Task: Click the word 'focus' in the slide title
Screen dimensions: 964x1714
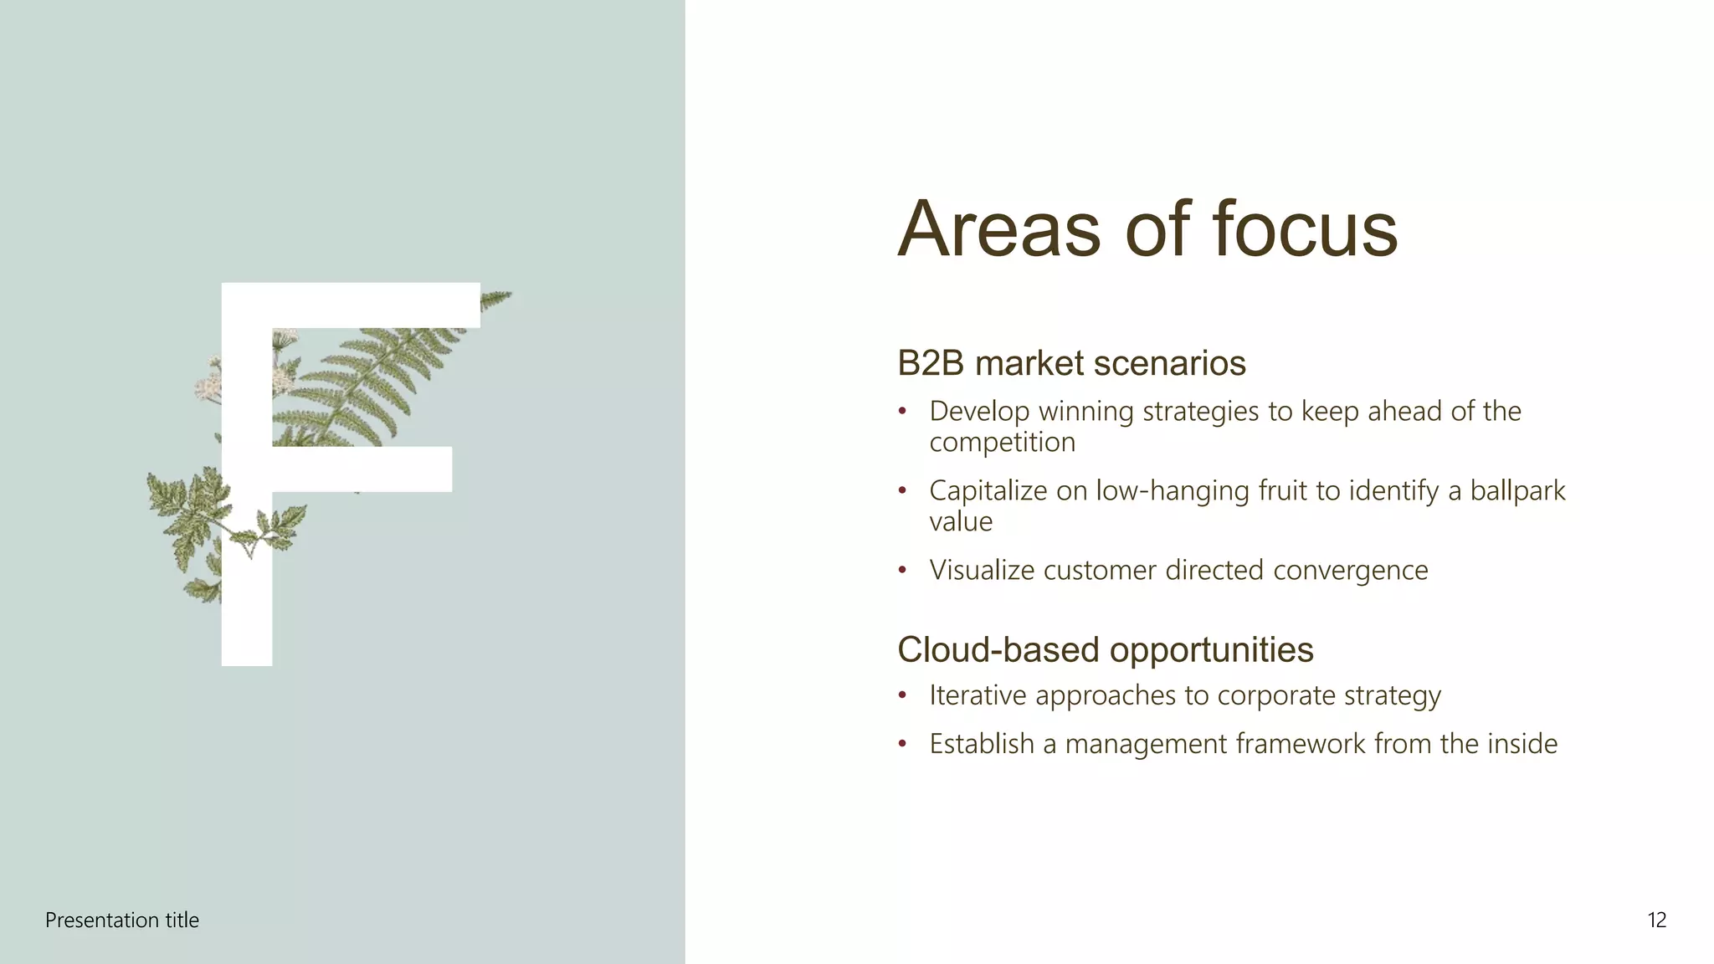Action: [x=1305, y=229]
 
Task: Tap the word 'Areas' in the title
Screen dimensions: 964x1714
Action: [x=998, y=229]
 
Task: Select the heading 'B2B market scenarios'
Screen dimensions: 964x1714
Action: [x=1071, y=364]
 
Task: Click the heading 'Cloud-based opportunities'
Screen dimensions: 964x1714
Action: [x=1105, y=650]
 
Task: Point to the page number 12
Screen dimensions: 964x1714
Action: [x=1656, y=920]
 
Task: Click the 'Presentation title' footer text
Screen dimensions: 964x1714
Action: [x=122, y=920]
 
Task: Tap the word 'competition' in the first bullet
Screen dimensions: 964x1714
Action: [x=1002, y=443]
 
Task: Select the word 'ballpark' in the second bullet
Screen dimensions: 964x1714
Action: [x=1517, y=490]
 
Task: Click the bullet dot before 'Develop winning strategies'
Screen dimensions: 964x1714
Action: [x=902, y=412]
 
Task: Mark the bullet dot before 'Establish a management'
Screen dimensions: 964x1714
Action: [x=902, y=744]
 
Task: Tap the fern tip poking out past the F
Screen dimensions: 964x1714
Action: [x=497, y=297]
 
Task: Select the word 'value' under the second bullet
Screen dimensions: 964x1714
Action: [x=961, y=522]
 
